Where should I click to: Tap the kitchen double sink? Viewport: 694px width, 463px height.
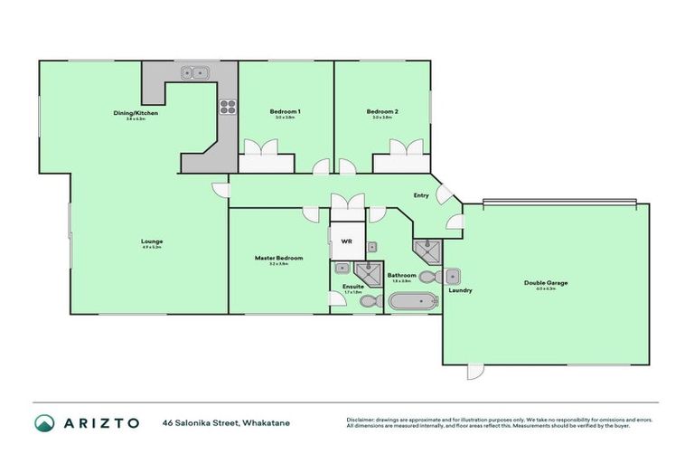192,73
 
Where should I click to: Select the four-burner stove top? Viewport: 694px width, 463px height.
226,107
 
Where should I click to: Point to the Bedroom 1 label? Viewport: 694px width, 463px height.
285,112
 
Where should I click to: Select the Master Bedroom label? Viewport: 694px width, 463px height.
278,258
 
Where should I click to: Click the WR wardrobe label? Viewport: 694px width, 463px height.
346,242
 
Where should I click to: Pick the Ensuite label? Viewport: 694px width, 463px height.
352,287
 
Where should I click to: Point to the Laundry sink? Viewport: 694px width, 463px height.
454,276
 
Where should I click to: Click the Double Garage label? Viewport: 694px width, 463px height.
546,283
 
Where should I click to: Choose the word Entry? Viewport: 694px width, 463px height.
421,195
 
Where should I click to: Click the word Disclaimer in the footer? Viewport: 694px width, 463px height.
363,419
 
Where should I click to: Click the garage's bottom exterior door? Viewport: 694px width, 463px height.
475,372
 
